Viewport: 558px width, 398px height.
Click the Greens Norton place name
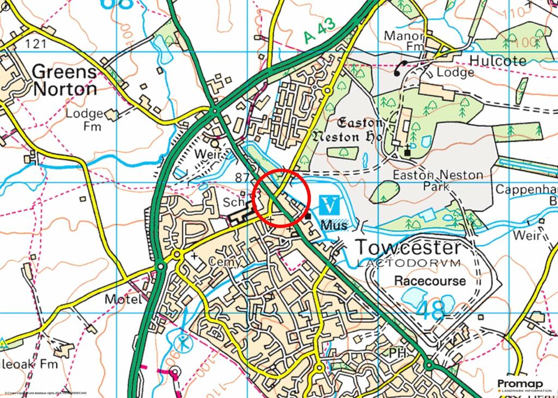pyautogui.click(x=64, y=80)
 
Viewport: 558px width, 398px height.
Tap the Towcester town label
pyautogui.click(x=408, y=248)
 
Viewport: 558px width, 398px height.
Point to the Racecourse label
pyautogui.click(x=430, y=281)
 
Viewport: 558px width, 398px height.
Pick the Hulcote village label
pyautogui.click(x=498, y=60)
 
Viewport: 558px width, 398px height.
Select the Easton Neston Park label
pyautogui.click(x=438, y=181)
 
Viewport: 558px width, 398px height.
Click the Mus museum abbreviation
pyautogui.click(x=334, y=225)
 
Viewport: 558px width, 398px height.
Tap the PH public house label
pyautogui.click(x=398, y=354)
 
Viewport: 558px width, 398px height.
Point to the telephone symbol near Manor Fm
pyautogui.click(x=402, y=68)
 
